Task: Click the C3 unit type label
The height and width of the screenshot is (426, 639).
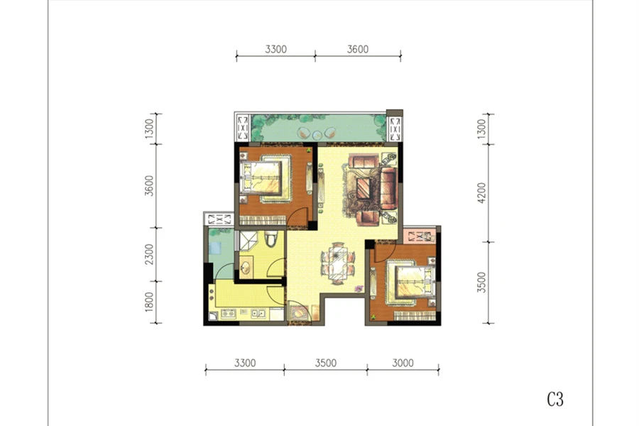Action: (x=555, y=399)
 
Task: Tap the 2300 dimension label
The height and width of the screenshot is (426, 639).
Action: (x=150, y=254)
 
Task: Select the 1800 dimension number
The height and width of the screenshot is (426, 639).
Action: (x=150, y=302)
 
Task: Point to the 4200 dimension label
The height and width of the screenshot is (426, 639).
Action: (x=481, y=193)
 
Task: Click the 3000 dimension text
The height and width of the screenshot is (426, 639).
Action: (x=403, y=363)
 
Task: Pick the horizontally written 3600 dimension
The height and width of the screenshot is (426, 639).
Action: (x=358, y=49)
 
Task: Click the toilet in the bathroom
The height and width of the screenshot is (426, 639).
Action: (x=271, y=239)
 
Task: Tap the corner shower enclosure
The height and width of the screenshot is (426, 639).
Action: (x=248, y=240)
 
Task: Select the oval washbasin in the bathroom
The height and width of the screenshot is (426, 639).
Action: (x=246, y=268)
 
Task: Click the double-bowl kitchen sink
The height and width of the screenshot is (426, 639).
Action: (x=257, y=313)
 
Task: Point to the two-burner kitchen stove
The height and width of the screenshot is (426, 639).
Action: (x=228, y=313)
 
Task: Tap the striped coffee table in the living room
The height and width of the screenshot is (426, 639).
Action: (x=364, y=188)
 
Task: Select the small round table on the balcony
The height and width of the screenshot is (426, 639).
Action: (x=317, y=134)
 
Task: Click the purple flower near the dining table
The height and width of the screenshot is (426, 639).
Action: (x=359, y=289)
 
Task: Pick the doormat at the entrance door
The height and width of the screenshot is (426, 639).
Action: (x=298, y=312)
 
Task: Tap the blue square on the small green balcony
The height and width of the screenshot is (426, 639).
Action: (x=214, y=248)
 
